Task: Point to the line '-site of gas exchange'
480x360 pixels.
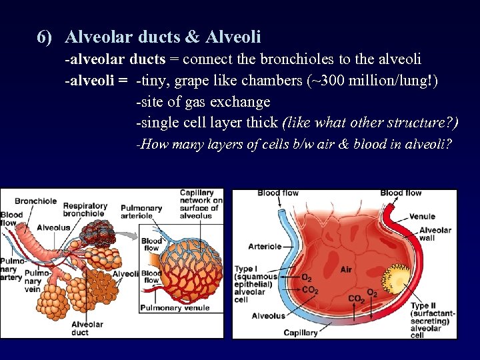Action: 203,101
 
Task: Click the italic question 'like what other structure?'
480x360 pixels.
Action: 371,123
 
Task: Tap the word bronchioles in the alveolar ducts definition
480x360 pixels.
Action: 296,59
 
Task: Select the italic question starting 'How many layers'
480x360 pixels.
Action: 294,144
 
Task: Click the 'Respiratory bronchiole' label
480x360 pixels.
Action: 85,210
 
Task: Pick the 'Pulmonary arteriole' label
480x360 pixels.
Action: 141,212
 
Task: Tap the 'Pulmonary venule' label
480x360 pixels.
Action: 174,308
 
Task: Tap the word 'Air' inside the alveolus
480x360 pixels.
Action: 345,269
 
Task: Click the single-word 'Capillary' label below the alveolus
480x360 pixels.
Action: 301,333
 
